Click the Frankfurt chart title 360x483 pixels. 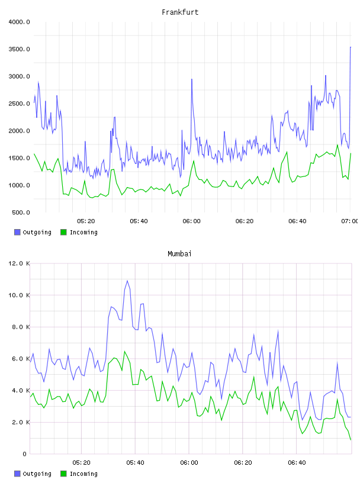click(180, 12)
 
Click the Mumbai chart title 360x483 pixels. click(179, 253)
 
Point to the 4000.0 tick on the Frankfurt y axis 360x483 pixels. click(19, 22)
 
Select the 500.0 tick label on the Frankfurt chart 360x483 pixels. click(21, 212)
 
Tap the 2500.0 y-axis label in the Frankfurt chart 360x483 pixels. click(19, 104)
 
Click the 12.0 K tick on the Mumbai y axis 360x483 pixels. click(19, 263)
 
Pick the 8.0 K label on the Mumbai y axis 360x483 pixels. click(21, 327)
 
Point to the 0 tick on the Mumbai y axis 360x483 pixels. click(25, 454)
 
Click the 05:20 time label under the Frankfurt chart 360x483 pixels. click(86, 221)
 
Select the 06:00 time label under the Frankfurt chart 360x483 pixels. click(191, 221)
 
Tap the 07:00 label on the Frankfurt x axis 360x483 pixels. click(350, 221)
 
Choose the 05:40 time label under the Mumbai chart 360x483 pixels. click(136, 462)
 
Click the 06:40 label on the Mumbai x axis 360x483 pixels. click(297, 462)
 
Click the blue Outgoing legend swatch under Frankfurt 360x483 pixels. click(17, 232)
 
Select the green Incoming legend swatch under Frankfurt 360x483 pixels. click(63, 232)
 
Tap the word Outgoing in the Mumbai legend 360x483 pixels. click(37, 474)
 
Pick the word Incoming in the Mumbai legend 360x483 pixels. click(83, 474)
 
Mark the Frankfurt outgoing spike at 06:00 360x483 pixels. click(192, 79)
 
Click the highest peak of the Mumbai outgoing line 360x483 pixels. click(127, 281)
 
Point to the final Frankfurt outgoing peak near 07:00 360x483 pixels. click(351, 47)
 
